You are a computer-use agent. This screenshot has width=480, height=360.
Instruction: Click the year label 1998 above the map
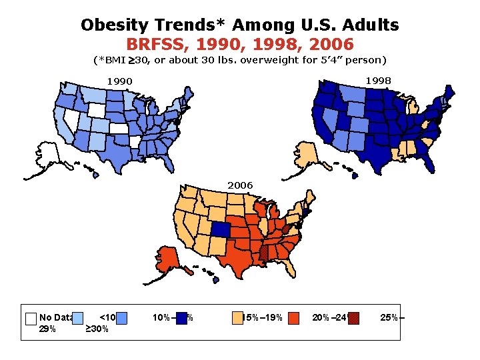click(x=378, y=81)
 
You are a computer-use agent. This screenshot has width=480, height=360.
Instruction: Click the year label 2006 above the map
click(x=240, y=185)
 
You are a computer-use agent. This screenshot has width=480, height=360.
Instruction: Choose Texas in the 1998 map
click(x=370, y=153)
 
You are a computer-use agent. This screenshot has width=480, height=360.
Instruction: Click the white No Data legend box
click(x=29, y=318)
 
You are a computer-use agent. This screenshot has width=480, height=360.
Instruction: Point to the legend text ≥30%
click(x=97, y=329)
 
